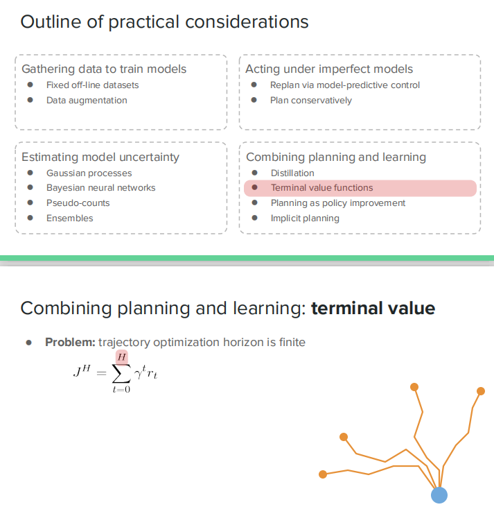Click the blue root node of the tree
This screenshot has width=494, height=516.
point(439,495)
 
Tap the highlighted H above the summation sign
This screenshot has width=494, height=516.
point(122,356)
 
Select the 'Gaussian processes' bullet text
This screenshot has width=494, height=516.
point(89,173)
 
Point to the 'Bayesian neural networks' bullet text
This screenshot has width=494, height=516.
point(100,188)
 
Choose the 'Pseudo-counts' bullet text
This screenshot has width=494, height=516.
point(78,203)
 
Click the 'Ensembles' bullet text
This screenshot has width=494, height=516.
point(69,218)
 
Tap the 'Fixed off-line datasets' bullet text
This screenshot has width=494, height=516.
point(92,85)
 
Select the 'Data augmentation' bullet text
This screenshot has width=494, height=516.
point(87,100)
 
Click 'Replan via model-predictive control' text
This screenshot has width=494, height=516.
point(345,85)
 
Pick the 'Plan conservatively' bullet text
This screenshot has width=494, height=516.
point(311,100)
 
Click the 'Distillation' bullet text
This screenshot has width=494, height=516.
point(292,173)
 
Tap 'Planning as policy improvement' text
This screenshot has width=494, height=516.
point(338,203)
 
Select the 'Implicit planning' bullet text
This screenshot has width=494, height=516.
point(305,218)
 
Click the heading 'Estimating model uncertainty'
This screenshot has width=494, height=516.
point(100,157)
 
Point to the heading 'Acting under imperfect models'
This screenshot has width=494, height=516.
point(329,69)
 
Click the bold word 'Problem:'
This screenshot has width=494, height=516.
point(70,342)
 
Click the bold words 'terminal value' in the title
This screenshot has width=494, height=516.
point(373,309)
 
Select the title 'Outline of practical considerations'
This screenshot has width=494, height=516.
point(164,21)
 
